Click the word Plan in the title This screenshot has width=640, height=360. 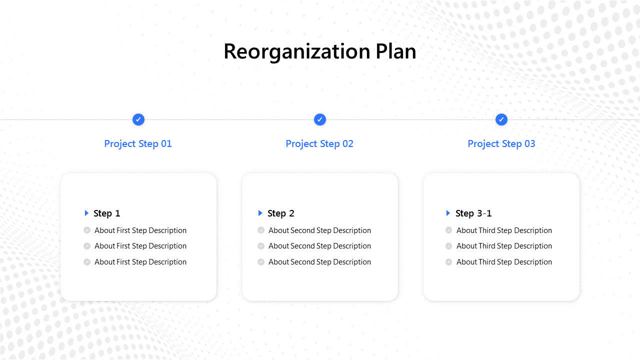[x=396, y=52]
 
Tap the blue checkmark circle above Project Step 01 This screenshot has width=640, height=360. [x=138, y=119]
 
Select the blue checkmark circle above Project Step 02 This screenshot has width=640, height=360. [x=320, y=119]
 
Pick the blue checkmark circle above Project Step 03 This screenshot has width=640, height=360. [x=501, y=119]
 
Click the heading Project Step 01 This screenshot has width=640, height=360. [x=138, y=144]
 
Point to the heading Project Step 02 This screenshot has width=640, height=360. [x=319, y=144]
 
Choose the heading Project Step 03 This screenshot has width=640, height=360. [x=501, y=144]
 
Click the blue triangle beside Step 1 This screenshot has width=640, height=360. [x=86, y=213]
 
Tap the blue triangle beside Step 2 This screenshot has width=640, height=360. [x=260, y=213]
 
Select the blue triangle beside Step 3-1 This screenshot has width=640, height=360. [x=448, y=213]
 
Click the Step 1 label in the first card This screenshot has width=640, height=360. [x=107, y=213]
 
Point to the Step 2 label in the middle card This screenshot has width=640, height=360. [x=281, y=213]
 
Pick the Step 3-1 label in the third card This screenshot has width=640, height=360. [x=473, y=213]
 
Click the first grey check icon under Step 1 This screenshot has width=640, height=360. [x=87, y=230]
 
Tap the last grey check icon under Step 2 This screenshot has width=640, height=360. [x=261, y=262]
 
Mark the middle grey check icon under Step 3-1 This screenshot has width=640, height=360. [x=448, y=246]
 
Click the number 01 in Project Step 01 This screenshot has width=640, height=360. [x=166, y=144]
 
